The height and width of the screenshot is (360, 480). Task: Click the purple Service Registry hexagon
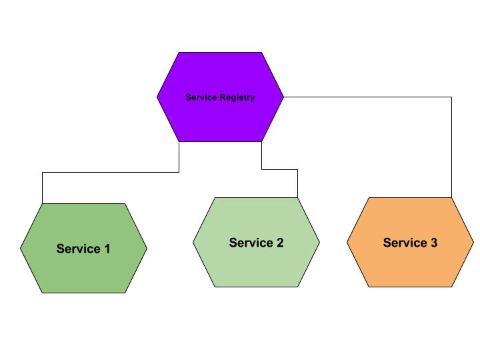pyautogui.click(x=220, y=97)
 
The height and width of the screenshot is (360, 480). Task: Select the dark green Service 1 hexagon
pyautogui.click(x=83, y=248)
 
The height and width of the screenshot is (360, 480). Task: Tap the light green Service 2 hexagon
pyautogui.click(x=256, y=242)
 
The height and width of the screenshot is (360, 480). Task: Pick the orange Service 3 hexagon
pyautogui.click(x=410, y=242)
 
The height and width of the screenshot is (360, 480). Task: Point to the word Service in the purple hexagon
pyautogui.click(x=201, y=97)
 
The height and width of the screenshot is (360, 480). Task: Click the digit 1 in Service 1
pyautogui.click(x=107, y=249)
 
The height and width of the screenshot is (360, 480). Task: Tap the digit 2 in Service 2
pyautogui.click(x=280, y=243)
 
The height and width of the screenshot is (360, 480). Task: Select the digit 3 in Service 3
pyautogui.click(x=434, y=243)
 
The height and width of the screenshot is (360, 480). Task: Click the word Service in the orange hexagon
pyautogui.click(x=405, y=243)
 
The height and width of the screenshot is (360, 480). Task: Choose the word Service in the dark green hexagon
pyautogui.click(x=79, y=249)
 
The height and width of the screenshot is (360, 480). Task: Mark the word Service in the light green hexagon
pyautogui.click(x=251, y=243)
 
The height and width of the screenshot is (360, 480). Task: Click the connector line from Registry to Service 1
pyautogui.click(x=111, y=173)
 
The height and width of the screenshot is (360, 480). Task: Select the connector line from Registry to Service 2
pyautogui.click(x=279, y=169)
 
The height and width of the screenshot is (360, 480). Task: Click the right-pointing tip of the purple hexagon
pyautogui.click(x=283, y=97)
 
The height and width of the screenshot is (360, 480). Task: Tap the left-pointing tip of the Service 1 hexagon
pyautogui.click(x=21, y=248)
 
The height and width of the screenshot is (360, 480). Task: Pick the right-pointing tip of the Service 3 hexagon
pyautogui.click(x=473, y=242)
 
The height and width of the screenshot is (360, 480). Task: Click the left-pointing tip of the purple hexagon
pyautogui.click(x=157, y=97)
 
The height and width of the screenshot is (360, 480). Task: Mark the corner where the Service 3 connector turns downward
pyautogui.click(x=451, y=97)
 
